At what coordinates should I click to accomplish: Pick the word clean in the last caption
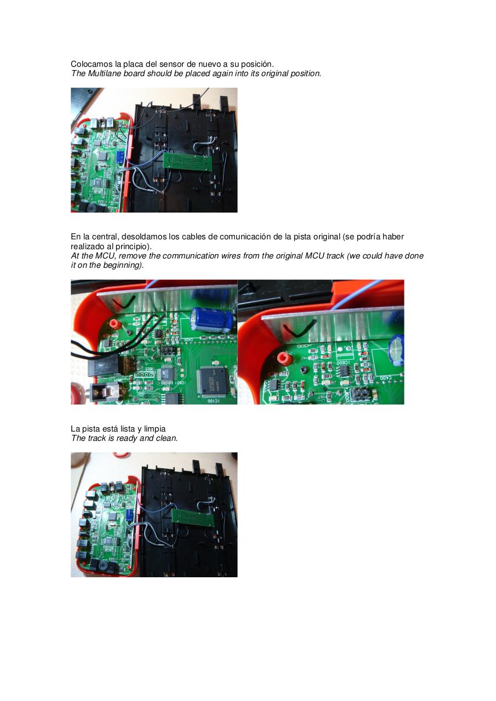166,438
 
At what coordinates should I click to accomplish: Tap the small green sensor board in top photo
189,161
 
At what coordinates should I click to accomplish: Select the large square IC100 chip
212,380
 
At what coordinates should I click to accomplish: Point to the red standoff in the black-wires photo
115,324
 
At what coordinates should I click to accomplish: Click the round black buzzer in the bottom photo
102,565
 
